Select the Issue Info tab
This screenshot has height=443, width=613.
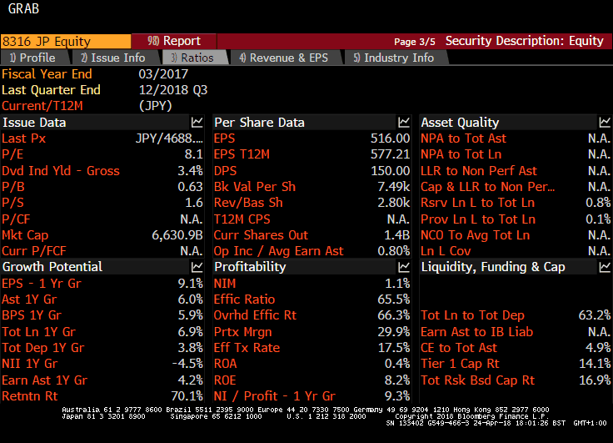[x=112, y=58]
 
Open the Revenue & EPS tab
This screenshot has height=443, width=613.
[x=283, y=58]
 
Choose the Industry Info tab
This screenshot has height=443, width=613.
[x=393, y=58]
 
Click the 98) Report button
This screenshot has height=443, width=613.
[x=173, y=41]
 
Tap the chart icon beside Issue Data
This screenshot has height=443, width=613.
[x=197, y=123]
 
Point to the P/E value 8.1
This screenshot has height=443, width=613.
[x=193, y=154]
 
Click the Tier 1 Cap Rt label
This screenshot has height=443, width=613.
[x=460, y=364]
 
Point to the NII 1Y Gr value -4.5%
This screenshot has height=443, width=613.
[x=187, y=364]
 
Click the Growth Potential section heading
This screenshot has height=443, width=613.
[x=52, y=267]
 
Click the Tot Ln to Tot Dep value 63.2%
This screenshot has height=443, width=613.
[x=594, y=315]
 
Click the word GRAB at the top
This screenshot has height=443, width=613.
[x=23, y=9]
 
